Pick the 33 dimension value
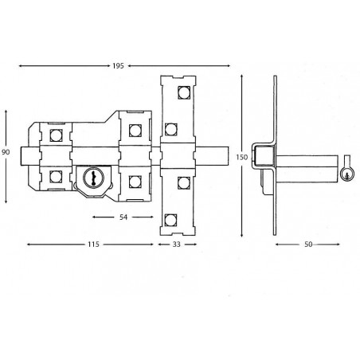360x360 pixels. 176,245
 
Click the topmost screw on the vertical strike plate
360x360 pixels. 183,94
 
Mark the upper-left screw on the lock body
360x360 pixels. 55,132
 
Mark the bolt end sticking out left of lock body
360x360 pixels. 26,154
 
